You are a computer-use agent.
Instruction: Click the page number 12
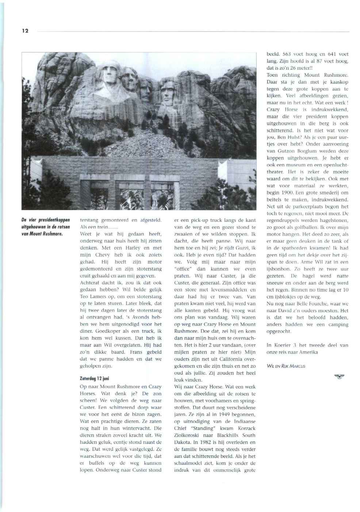(25, 31)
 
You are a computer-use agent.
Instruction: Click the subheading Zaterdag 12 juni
(94, 378)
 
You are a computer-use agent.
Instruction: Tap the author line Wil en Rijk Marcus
(286, 366)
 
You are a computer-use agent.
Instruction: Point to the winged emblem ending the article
(339, 377)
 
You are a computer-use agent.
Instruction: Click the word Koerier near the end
(283, 345)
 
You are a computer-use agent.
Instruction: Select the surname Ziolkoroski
(189, 435)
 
